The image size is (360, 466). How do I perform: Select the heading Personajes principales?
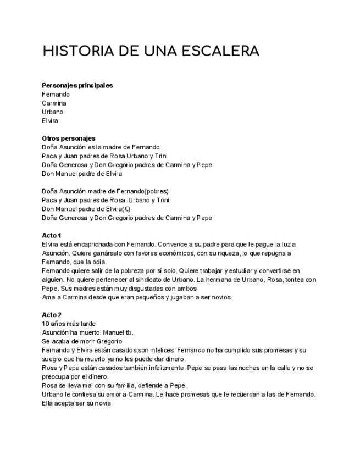coord(77,85)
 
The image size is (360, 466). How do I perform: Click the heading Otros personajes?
coord(69,138)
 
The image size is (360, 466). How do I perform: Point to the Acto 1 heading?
coord(52,235)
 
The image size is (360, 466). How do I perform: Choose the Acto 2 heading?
coord(52,315)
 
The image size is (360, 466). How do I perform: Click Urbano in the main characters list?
coord(52,112)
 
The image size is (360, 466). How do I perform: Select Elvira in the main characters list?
coord(50,121)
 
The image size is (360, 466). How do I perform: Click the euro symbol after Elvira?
coord(127,209)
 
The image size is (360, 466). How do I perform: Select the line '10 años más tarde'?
coord(69,324)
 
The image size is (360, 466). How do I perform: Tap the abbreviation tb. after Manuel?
coord(129,332)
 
